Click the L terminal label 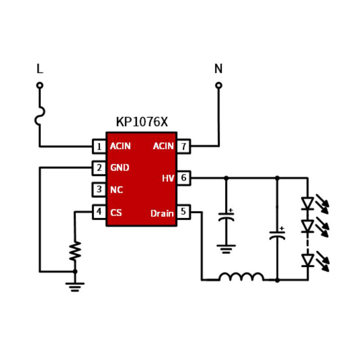click(40, 69)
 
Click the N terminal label click(218, 69)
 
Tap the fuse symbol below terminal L click(40, 116)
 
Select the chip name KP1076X click(142, 122)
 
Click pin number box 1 click(99, 146)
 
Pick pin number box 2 click(99, 168)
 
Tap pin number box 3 click(99, 189)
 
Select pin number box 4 click(99, 211)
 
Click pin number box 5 click(183, 211)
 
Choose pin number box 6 click(183, 178)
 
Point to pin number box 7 click(183, 146)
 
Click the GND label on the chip click(120, 168)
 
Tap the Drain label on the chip click(162, 213)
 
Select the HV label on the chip click(168, 179)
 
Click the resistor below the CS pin click(75, 251)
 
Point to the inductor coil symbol click(241, 277)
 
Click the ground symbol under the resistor click(75, 286)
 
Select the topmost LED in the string click(308, 203)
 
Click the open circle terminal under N click(219, 85)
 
